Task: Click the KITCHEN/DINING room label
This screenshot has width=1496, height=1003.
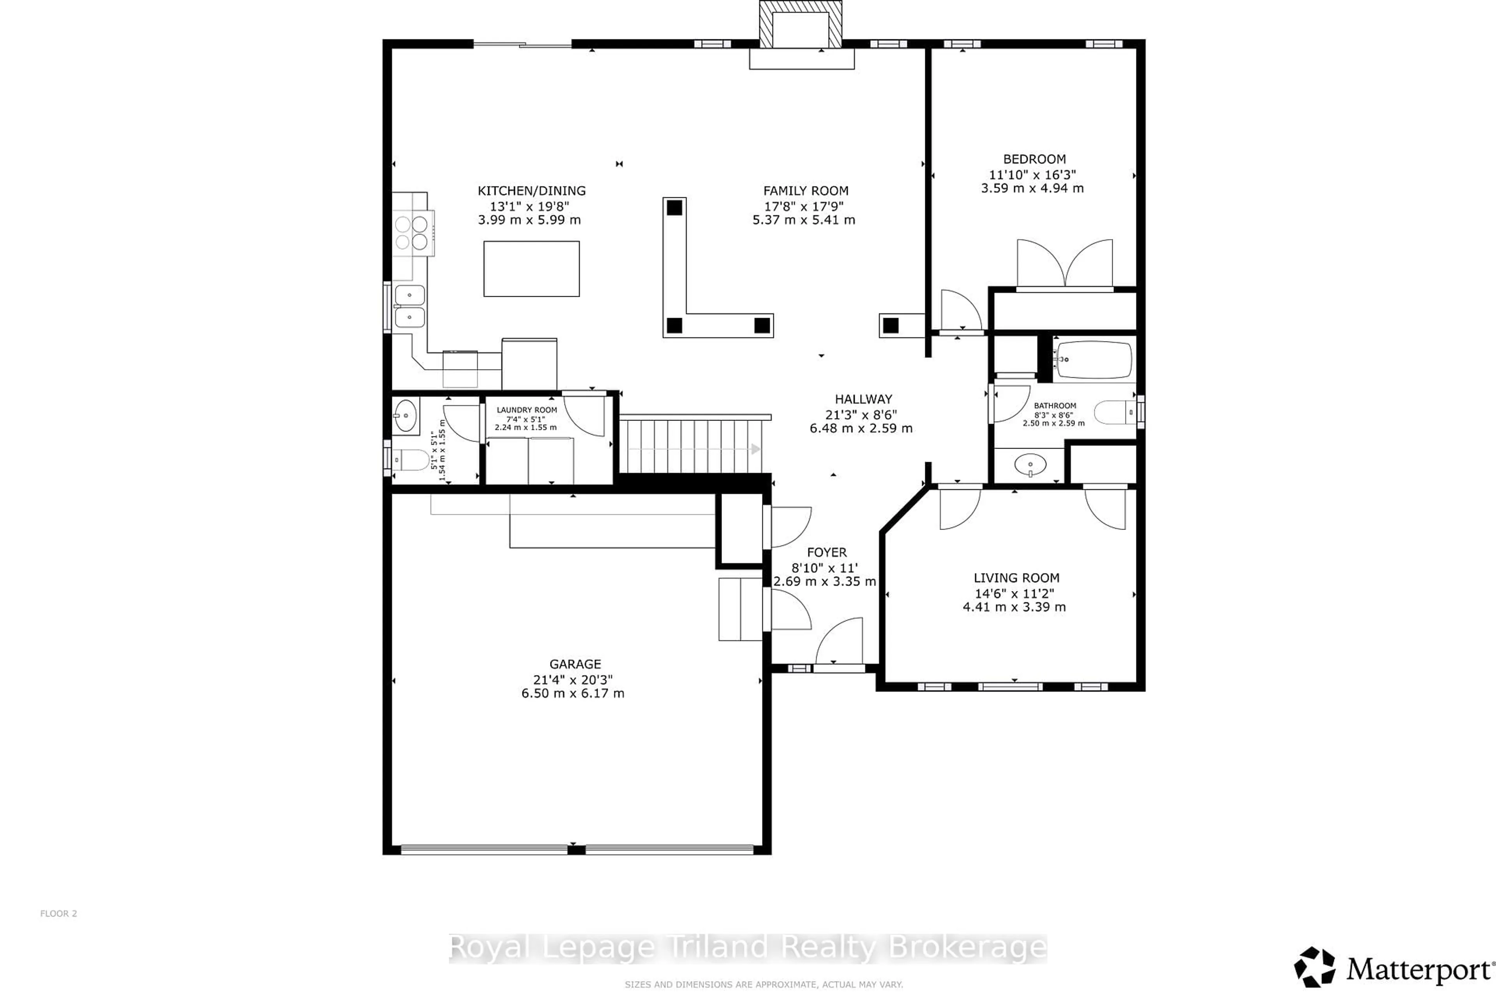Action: pos(531,191)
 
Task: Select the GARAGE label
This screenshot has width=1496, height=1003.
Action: pos(575,664)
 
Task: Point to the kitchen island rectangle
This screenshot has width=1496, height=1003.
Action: pos(531,269)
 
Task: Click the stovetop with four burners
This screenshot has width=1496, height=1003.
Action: pos(411,233)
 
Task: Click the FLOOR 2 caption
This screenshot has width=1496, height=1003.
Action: pos(58,913)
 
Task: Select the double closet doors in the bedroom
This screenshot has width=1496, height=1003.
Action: pos(1065,264)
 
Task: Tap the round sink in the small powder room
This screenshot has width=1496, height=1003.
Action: pos(405,416)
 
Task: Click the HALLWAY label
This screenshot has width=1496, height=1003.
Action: pos(863,399)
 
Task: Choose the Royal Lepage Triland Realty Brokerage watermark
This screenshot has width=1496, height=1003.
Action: pos(747,948)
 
